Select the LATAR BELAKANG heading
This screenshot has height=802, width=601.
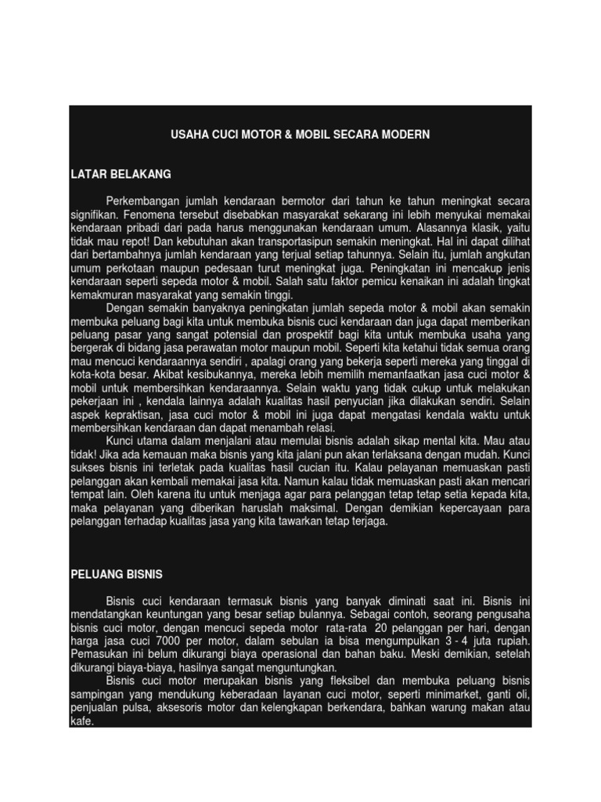[121, 173]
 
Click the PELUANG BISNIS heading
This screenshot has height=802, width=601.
[117, 574]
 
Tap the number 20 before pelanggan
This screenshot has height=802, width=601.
[381, 629]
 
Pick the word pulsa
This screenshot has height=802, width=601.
[128, 706]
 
